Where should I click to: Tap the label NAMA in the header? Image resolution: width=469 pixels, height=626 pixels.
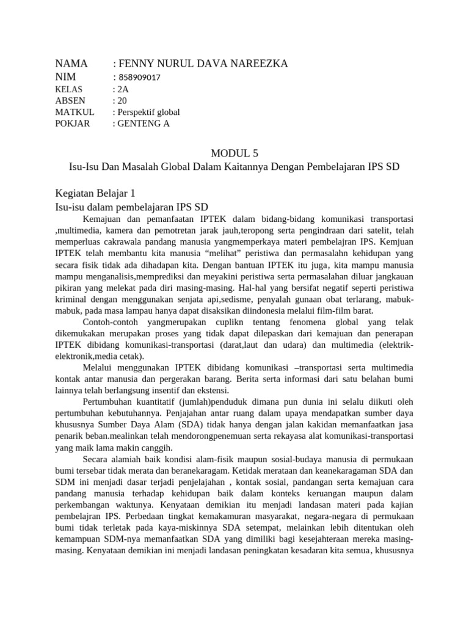71,64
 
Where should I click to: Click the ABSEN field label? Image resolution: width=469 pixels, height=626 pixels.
70,100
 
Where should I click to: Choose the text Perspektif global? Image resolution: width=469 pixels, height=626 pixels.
149,112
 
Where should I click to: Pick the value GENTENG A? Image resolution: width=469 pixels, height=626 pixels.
144,123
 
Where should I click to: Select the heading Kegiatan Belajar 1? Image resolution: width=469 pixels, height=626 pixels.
95,193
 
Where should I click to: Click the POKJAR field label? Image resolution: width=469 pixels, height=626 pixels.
73,123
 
